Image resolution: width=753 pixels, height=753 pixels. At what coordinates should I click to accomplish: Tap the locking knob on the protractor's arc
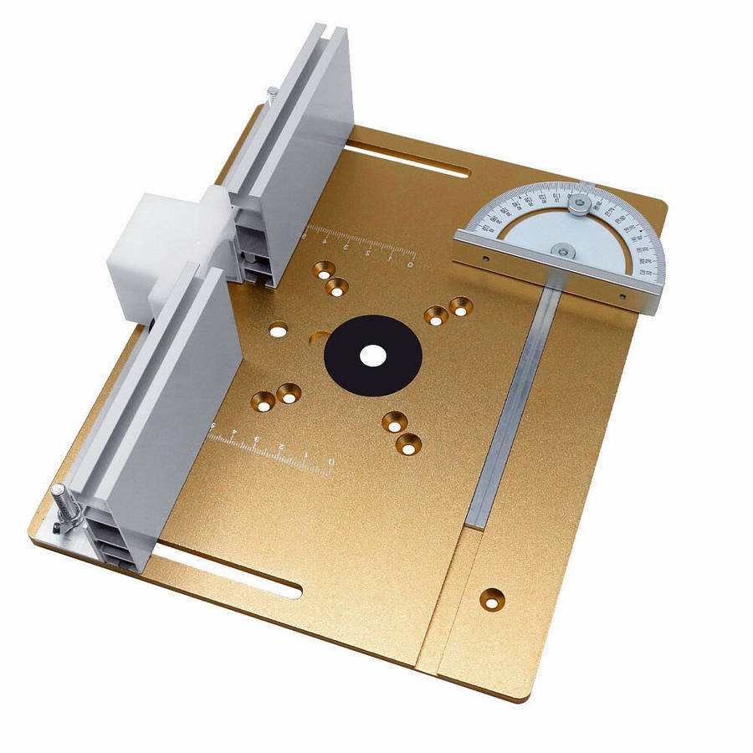pyautogui.click(x=579, y=203)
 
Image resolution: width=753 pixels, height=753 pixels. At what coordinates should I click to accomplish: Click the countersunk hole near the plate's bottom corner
pyautogui.click(x=491, y=598)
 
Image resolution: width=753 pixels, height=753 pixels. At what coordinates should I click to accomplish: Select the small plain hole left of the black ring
pyautogui.click(x=278, y=329)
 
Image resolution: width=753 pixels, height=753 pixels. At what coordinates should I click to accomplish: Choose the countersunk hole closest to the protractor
pyautogui.click(x=459, y=306)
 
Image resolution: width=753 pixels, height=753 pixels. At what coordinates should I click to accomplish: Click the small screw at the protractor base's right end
pyautogui.click(x=622, y=296)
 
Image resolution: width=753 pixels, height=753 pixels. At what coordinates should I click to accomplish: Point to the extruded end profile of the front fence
pyautogui.click(x=113, y=535)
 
